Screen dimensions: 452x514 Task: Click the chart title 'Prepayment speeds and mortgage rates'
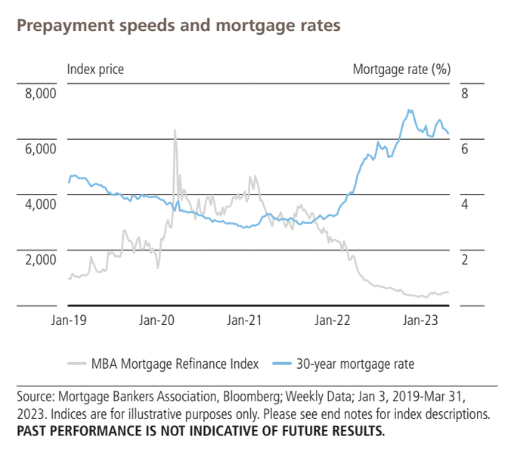178,25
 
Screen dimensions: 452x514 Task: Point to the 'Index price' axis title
95,70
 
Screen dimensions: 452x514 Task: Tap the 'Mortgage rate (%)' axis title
401,70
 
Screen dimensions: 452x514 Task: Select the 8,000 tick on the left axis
41,94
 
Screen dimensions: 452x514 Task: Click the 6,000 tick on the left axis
41,149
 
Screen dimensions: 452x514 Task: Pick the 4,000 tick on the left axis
41,204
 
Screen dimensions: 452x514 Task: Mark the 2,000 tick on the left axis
41,259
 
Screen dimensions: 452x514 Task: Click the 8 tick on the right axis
465,94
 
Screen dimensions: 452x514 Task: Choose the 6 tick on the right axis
465,149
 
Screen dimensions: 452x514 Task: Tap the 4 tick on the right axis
465,204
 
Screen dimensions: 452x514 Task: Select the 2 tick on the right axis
465,259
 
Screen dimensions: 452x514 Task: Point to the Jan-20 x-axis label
159,320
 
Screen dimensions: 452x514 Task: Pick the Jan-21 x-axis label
244,320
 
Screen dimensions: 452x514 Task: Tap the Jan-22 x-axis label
332,320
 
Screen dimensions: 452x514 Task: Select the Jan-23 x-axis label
420,320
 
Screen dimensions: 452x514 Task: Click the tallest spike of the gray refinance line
175,130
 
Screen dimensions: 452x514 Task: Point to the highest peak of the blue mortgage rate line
410,110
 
